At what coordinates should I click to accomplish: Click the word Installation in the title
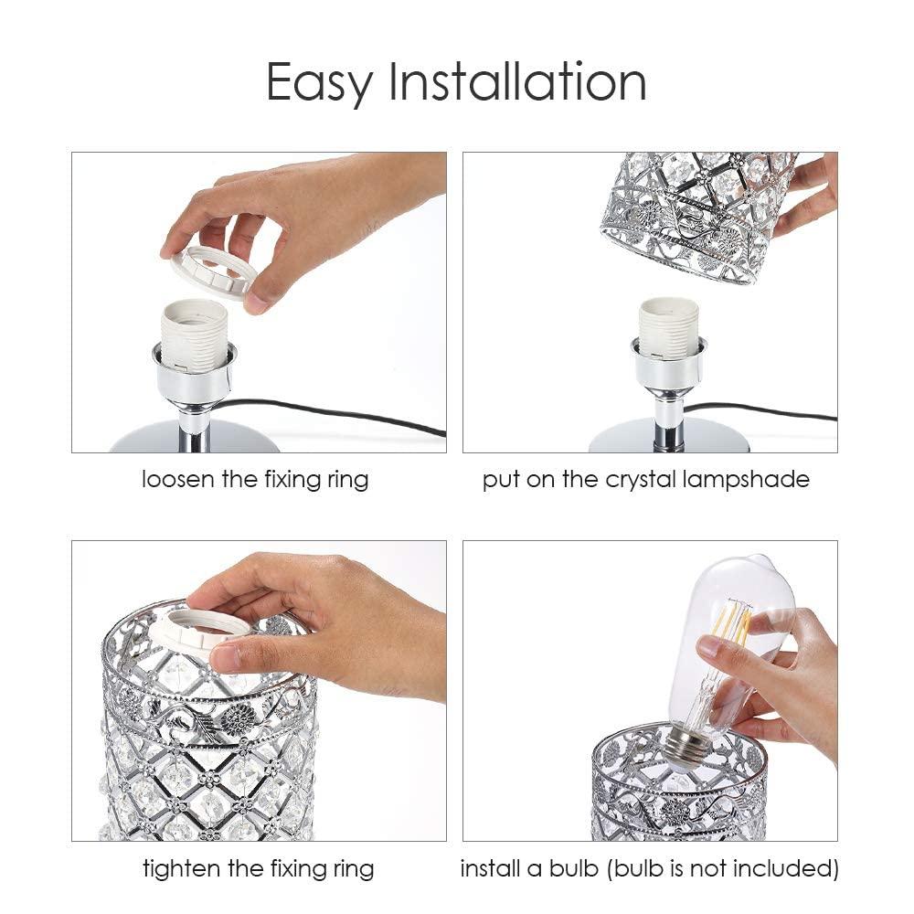click(x=518, y=82)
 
